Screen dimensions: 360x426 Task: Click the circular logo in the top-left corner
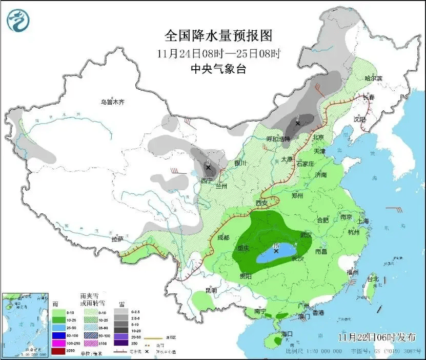coord(18,19)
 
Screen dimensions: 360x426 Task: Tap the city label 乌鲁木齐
coord(112,103)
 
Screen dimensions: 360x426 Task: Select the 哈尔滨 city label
coord(373,78)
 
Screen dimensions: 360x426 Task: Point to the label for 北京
coord(318,137)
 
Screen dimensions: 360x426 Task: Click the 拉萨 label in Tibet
coord(117,239)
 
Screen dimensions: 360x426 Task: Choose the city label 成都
coord(223,237)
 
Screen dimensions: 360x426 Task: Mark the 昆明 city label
coord(211,290)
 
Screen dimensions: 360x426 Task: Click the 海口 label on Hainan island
coord(288,334)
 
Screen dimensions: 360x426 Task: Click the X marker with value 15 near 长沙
coord(276,251)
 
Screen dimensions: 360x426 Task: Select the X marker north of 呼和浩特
coord(297,123)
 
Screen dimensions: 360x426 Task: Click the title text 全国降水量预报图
coord(218,36)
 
